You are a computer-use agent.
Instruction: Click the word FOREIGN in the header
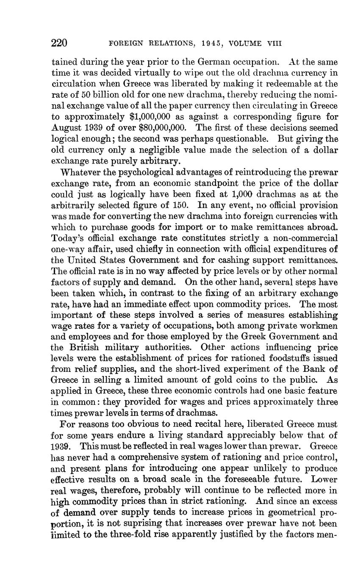click(x=123, y=44)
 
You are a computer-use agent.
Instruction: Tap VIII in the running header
click(x=274, y=44)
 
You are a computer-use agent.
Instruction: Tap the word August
click(x=66, y=128)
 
